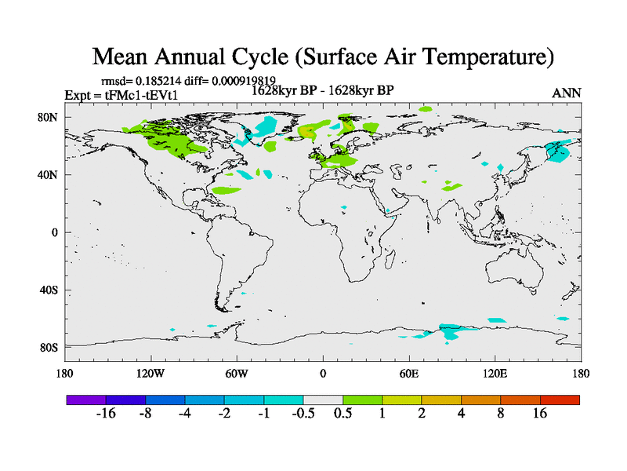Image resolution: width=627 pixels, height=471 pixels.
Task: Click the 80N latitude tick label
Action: point(49,117)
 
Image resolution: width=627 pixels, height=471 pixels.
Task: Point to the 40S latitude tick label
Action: point(49,290)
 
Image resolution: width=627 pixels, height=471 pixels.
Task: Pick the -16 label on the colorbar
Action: point(106,414)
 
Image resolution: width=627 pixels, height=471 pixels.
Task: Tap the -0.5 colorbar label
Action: point(303,414)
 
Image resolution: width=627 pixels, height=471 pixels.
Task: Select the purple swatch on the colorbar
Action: point(86,400)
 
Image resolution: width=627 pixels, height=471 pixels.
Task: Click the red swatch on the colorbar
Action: point(560,400)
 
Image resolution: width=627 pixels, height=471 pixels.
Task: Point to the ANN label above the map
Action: point(567,93)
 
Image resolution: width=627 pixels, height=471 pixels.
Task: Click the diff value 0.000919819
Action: point(243,81)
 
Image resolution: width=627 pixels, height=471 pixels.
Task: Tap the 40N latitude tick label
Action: point(49,175)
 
